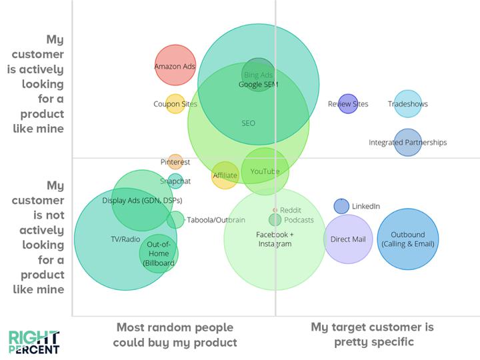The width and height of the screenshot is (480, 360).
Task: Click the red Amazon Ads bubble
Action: coord(175,65)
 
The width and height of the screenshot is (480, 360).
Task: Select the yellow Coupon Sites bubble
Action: coord(175,104)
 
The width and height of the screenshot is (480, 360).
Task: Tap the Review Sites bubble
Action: coord(348,104)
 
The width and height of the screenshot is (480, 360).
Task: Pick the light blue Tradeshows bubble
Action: coord(407,104)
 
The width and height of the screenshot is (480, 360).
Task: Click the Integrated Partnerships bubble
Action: coord(407,143)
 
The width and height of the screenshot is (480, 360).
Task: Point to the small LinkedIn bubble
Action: coord(341,206)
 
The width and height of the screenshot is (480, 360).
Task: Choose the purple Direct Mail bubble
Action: coord(348,239)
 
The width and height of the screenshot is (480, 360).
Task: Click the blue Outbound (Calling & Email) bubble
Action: coord(407,239)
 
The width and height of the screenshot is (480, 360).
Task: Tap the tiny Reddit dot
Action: coord(275,210)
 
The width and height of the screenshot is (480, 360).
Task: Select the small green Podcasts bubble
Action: coord(275,220)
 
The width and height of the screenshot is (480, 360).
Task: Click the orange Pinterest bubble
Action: coord(175,162)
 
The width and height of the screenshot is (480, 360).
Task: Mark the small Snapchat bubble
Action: coord(175,181)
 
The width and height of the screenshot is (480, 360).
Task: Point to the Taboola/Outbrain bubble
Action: coord(175,220)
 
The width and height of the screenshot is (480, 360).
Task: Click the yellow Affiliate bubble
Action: coord(225,175)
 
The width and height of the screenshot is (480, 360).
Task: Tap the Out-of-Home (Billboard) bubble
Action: coord(159,254)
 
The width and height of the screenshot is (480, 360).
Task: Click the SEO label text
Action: coord(248,123)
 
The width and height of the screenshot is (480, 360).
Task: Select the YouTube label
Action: coord(265,172)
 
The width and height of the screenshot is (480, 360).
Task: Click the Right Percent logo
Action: coord(34,341)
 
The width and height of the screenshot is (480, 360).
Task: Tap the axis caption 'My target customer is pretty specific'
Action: coord(372,335)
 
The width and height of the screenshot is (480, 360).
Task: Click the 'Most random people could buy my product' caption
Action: coord(175,335)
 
